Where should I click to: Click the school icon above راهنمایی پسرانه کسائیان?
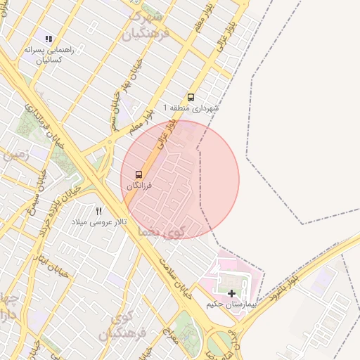(x=49, y=39)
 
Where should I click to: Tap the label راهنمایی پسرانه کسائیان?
(x=49, y=55)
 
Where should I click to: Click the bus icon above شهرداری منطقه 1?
(x=191, y=98)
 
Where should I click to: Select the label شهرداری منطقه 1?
(x=191, y=108)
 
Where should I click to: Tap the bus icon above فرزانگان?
(x=139, y=174)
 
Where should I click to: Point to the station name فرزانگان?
(x=139, y=186)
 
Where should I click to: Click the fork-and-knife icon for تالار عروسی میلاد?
(x=99, y=210)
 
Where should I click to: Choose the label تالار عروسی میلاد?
(x=99, y=221)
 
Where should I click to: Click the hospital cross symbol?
(x=232, y=292)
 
